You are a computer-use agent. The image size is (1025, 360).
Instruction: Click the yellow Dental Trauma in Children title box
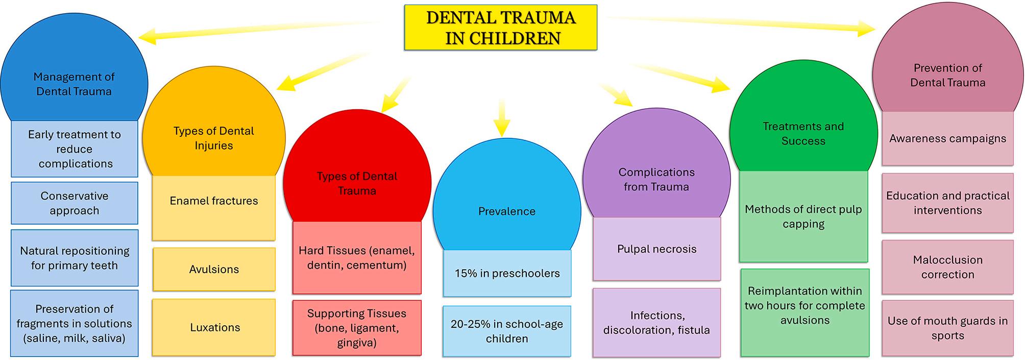500,28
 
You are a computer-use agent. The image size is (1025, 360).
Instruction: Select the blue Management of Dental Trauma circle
74,71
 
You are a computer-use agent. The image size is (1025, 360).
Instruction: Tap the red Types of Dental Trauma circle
357,174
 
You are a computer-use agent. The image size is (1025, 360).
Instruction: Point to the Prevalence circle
507,199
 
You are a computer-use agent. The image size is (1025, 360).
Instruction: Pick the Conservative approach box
75,203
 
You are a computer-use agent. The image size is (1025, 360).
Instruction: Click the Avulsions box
214,269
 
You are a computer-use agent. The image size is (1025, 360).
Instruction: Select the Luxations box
214,327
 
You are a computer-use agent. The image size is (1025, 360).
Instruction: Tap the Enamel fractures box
214,207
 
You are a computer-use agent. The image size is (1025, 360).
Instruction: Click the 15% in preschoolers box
507,273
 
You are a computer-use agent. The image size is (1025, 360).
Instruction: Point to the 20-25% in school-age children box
507,331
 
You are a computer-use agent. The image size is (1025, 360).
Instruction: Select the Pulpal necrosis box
657,249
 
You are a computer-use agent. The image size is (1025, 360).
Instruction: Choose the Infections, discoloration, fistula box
657,322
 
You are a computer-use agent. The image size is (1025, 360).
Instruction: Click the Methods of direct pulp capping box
803,217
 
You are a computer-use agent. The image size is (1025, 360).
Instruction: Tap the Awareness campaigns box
948,138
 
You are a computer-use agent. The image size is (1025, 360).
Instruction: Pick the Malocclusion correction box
948,267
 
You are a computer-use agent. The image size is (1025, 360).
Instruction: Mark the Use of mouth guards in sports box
948,328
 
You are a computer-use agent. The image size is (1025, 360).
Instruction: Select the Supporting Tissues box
357,328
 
